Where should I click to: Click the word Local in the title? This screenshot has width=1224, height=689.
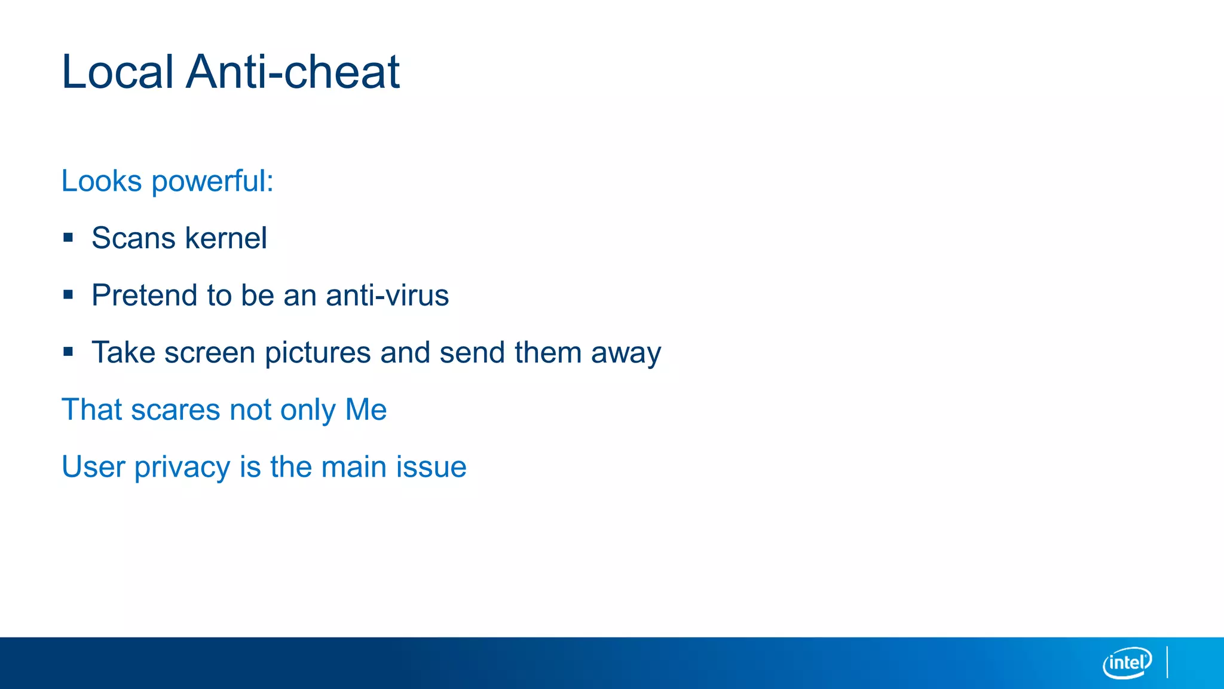pos(118,72)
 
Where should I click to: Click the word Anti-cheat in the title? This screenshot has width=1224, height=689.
pos(292,72)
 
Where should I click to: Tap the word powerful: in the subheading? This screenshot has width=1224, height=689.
pos(213,182)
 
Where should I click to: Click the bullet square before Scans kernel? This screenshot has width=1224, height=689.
pos(68,238)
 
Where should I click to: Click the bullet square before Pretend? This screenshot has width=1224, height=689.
pos(68,295)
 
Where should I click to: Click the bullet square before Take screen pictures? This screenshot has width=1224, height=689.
pos(68,352)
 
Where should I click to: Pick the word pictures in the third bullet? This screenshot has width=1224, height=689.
pos(317,353)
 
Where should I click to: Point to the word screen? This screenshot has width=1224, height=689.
pos(210,353)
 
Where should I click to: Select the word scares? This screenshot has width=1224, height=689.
pos(176,410)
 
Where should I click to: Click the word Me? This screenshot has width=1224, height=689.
pos(366,410)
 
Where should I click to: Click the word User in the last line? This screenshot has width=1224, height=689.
pos(93,467)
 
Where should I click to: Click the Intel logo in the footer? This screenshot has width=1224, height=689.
pos(1127,663)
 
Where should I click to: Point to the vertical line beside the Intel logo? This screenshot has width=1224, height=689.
pos(1167,662)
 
